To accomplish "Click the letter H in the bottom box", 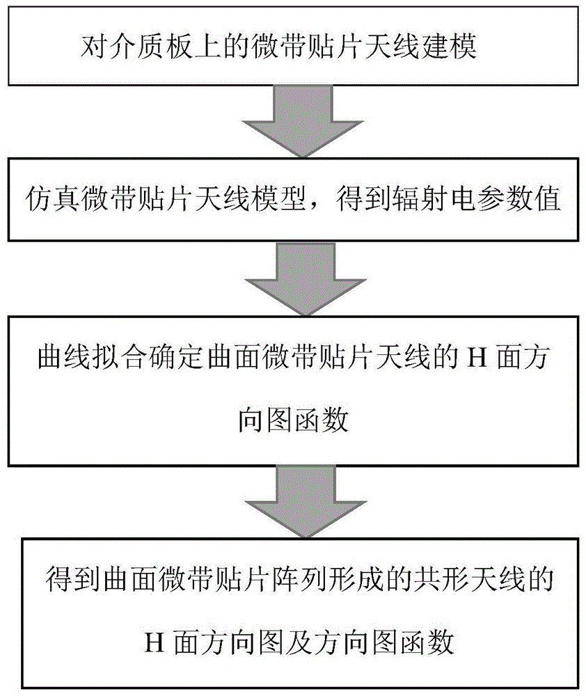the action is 155,642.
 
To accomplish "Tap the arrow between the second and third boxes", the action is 306,278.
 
